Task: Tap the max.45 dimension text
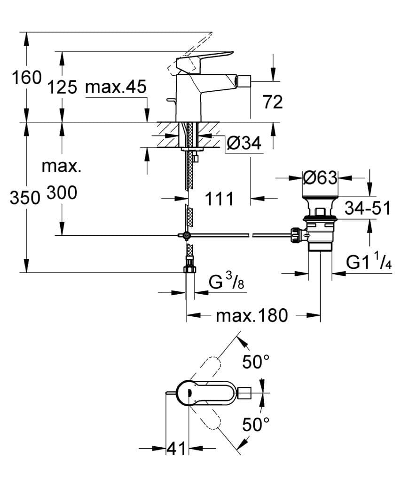[x=116, y=87]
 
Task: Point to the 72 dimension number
[x=273, y=102]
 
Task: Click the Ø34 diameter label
[x=243, y=144]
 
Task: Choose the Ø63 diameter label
[x=320, y=178]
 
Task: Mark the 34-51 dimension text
[x=368, y=208]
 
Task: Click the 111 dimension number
[x=219, y=199]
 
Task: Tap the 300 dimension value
[x=62, y=193]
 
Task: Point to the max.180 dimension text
[x=252, y=315]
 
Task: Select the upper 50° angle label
[x=256, y=362]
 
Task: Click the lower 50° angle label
[x=256, y=425]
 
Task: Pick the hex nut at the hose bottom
[x=189, y=270]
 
